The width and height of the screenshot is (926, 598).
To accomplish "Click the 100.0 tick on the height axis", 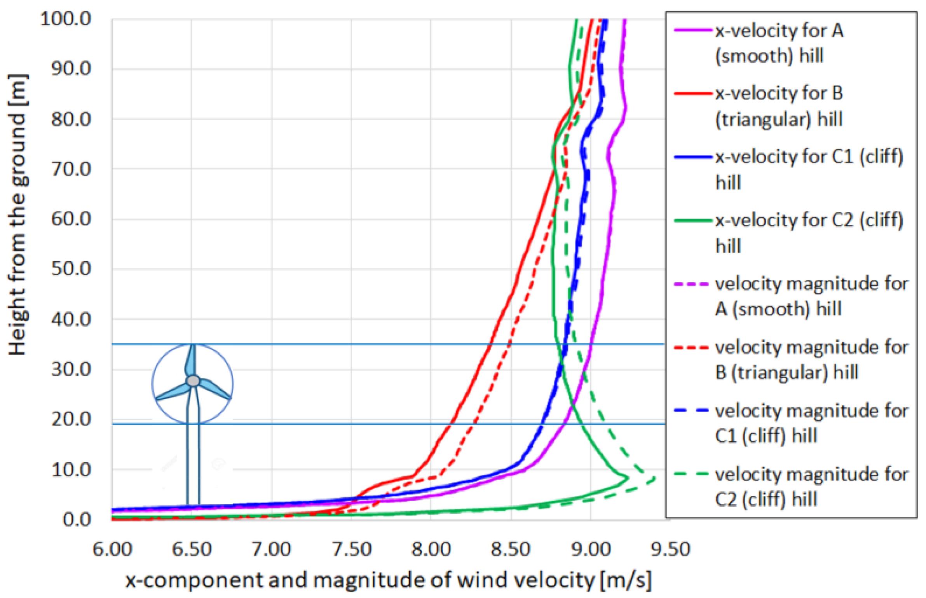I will point(65,19).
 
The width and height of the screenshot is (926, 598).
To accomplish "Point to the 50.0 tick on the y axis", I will point(71,269).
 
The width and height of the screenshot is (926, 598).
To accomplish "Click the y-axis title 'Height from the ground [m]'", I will point(17,215).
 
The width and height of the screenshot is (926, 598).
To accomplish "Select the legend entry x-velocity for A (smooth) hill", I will point(779,43).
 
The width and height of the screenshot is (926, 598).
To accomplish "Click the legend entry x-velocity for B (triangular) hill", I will point(779,106).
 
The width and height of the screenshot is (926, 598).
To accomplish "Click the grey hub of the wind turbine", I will point(193,381).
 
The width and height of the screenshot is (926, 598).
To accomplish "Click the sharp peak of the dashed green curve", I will point(655,478).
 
